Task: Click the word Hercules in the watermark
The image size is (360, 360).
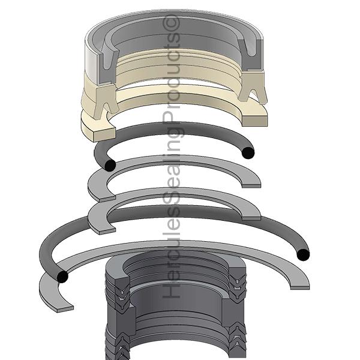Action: pos(171,248)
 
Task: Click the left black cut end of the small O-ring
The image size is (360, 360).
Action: pos(110,165)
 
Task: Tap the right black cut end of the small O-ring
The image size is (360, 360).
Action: pos(248,152)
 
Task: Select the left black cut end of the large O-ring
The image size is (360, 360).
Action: pos(62,277)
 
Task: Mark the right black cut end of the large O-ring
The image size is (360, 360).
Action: pos(303,254)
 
